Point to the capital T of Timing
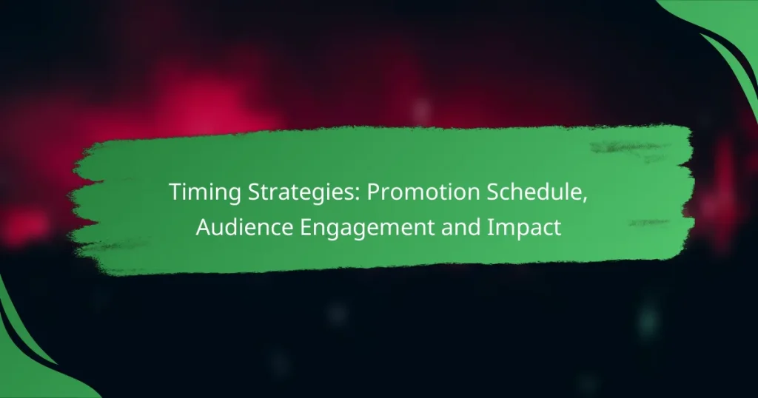175,192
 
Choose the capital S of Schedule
480,193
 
